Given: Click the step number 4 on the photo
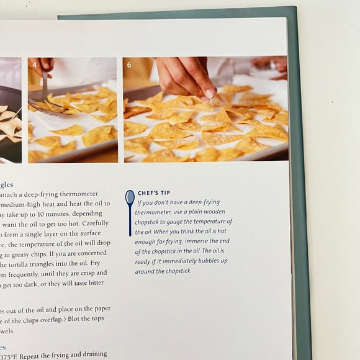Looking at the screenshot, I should pos(34,64).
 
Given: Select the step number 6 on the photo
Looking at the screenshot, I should pos(129,64).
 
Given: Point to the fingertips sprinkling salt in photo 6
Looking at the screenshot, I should pos(209,93).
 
